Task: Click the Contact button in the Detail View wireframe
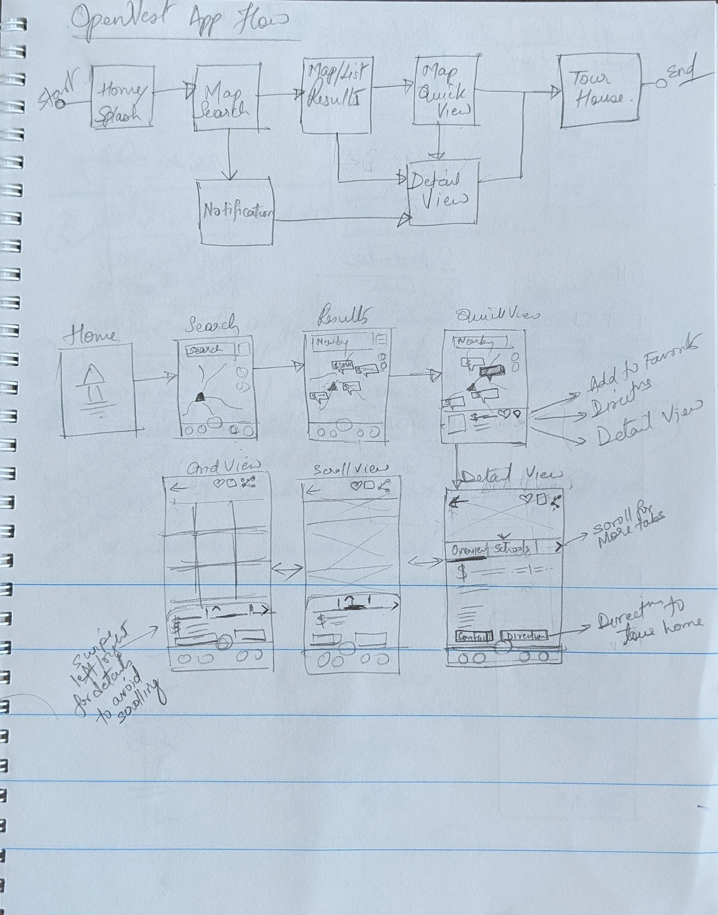pos(474,636)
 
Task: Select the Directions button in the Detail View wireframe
pos(525,635)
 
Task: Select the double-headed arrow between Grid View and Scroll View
pos(288,569)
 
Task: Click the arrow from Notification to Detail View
pos(341,220)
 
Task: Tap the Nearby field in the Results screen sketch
pos(342,342)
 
